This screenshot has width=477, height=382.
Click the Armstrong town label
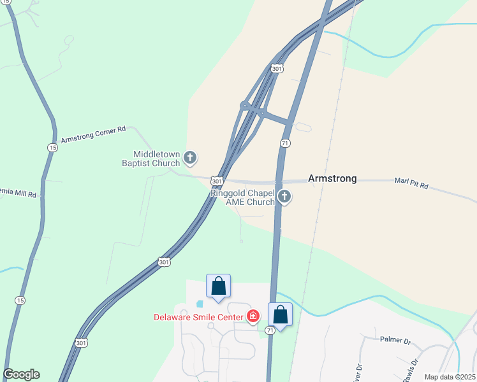pyautogui.click(x=332, y=179)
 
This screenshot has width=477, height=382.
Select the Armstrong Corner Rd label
pyautogui.click(x=93, y=134)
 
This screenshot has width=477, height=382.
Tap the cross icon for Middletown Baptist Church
pyautogui.click(x=189, y=157)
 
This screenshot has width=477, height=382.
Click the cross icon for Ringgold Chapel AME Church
pyautogui.click(x=284, y=197)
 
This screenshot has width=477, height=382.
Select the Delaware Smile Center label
pyautogui.click(x=198, y=317)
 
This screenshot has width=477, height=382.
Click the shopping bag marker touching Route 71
pyautogui.click(x=280, y=315)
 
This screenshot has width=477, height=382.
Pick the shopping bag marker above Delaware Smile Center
pyautogui.click(x=218, y=286)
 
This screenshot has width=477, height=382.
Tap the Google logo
pyautogui.click(x=22, y=374)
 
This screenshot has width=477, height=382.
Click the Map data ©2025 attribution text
pyautogui.click(x=450, y=377)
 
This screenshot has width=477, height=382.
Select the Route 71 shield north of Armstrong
pyautogui.click(x=285, y=143)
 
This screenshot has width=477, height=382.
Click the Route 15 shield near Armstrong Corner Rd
pyautogui.click(x=51, y=147)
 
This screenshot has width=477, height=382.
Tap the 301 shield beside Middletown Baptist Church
pyautogui.click(x=217, y=181)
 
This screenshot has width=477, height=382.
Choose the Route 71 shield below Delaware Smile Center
pyautogui.click(x=270, y=330)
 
